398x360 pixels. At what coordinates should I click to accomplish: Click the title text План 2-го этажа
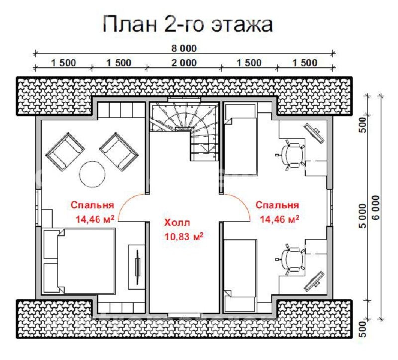pyautogui.click(x=188, y=24)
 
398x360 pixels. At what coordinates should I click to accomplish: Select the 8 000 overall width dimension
pyautogui.click(x=184, y=48)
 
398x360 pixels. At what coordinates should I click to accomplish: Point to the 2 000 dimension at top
pyautogui.click(x=184, y=63)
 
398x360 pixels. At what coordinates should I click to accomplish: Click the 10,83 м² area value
pyautogui.click(x=184, y=237)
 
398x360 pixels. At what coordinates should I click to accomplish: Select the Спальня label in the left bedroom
pyautogui.click(x=92, y=205)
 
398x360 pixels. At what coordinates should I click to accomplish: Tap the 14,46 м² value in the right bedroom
pyautogui.click(x=279, y=218)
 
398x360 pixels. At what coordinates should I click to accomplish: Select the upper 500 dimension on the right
pyautogui.click(x=363, y=122)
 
